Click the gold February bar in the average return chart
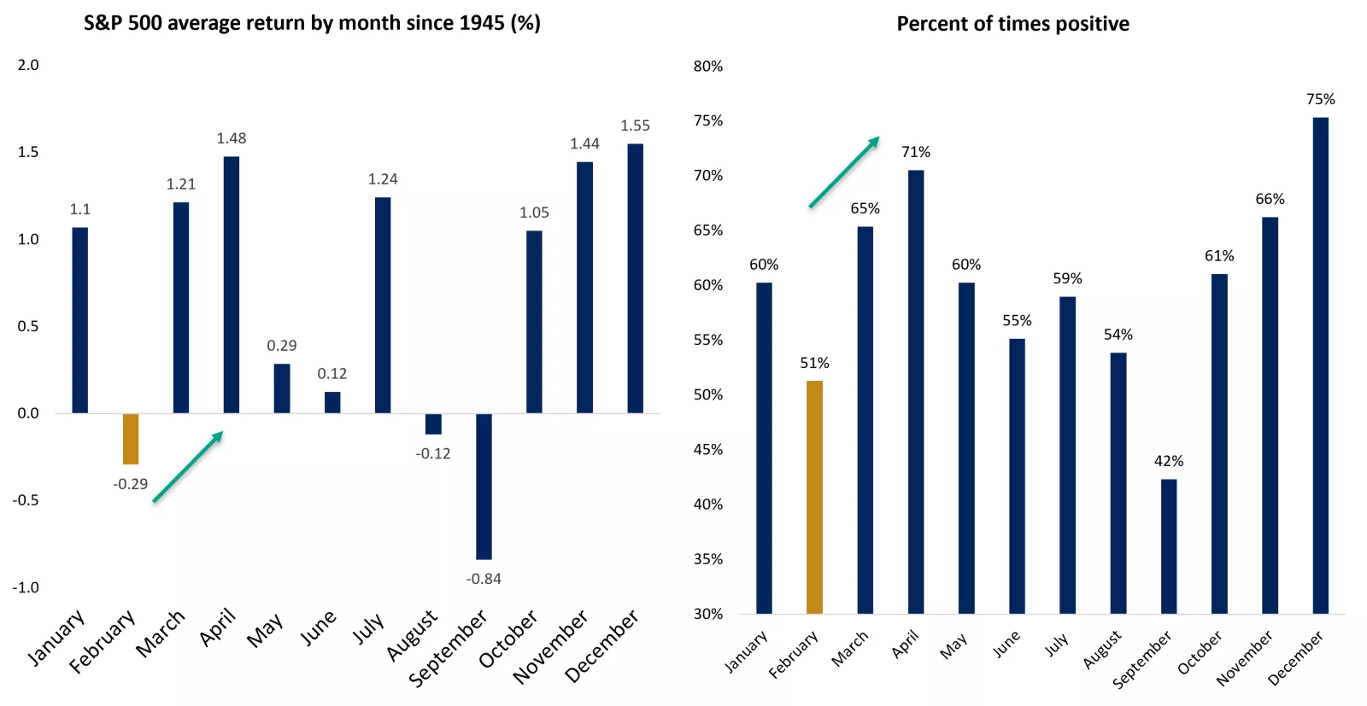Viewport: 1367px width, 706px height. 131,439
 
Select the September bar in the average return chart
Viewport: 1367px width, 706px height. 484,487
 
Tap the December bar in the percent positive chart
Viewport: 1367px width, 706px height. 1321,365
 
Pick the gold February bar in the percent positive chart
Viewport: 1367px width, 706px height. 815,497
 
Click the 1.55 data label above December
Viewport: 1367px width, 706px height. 636,125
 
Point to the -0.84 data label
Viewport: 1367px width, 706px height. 484,579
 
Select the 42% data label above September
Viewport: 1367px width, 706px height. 1169,461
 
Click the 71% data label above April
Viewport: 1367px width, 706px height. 916,151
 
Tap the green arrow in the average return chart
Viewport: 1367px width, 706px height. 188,466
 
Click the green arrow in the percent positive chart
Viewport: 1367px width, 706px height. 844,172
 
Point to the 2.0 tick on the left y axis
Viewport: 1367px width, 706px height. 28,65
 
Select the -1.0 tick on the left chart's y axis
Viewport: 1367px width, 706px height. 26,587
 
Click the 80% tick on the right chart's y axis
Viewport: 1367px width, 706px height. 708,66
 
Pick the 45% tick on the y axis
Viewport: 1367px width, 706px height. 708,449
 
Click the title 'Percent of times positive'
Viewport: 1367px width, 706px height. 1013,24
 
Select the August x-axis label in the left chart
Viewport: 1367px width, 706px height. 413,635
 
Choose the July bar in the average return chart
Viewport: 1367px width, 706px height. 384,305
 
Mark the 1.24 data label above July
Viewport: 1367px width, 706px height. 383,179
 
